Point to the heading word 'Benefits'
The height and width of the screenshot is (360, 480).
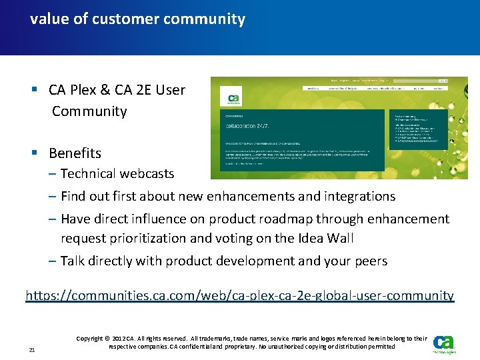tap(75, 153)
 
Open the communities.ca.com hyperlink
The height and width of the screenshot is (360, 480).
tap(240, 295)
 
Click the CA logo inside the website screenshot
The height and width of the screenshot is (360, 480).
tap(234, 99)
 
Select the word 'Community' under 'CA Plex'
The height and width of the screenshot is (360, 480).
tap(89, 111)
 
